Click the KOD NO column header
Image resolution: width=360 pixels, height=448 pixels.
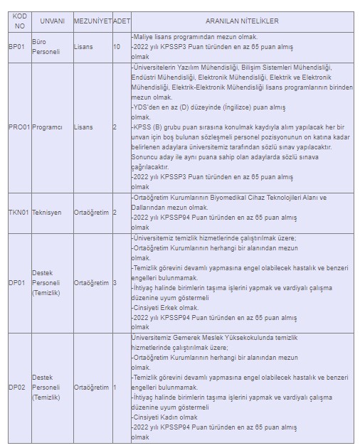19,21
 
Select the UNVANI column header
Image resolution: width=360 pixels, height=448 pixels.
52,21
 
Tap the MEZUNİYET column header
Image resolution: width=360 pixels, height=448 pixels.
93,21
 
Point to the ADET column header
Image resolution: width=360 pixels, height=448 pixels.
122,21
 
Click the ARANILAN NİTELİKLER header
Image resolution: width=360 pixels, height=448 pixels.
243,21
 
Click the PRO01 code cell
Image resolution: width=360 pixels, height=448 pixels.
20,127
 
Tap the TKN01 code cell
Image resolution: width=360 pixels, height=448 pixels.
19,212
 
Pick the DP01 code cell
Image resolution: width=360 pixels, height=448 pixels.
16,282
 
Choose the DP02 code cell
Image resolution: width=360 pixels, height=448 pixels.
16,387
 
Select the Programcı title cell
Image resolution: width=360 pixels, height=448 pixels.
48,127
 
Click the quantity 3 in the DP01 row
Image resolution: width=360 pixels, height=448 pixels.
115,282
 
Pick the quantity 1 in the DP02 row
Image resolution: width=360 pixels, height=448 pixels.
115,387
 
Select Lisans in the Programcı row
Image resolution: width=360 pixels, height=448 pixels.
83,127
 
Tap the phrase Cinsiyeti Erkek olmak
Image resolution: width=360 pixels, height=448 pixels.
165,308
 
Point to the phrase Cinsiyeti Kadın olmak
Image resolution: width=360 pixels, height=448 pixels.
165,417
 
